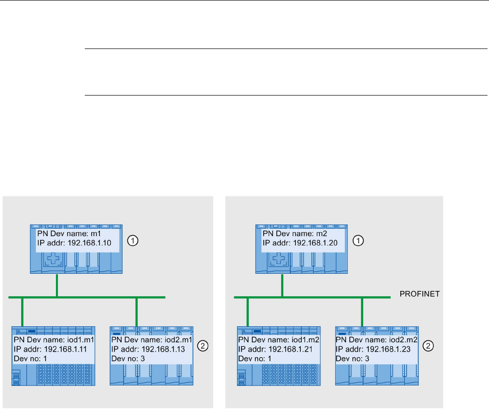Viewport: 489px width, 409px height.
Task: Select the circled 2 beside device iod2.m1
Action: tap(202, 346)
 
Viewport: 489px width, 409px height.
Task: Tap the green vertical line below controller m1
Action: tap(57, 285)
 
